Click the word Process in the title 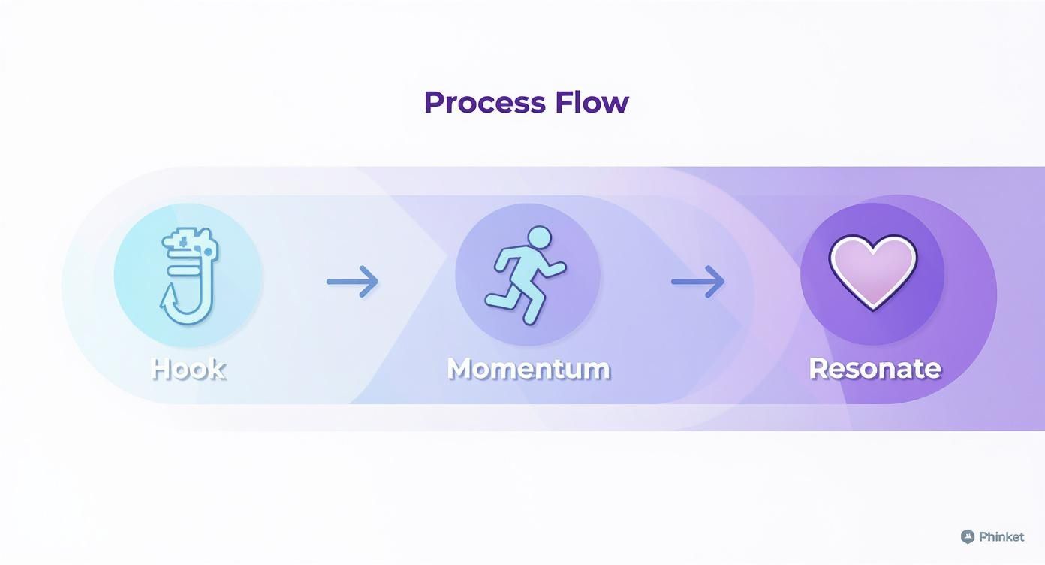coord(485,103)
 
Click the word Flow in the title coord(592,102)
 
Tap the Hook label coord(188,370)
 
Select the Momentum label coord(529,369)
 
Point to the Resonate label coord(875,369)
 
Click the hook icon coord(189,276)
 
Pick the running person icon coord(526,275)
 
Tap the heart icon coord(873,273)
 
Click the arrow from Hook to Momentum coord(352,282)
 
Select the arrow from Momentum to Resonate coord(698,282)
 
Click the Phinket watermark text coord(1001,537)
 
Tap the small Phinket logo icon coord(968,537)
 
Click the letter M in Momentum coord(461,369)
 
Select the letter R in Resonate coord(819,369)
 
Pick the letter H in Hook coord(161,370)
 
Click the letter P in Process coord(433,102)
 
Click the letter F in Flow coord(564,102)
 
